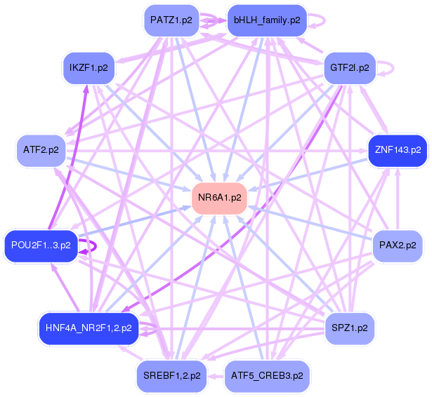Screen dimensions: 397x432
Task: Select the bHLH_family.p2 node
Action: [x=267, y=20]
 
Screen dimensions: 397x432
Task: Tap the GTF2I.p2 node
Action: [x=349, y=68]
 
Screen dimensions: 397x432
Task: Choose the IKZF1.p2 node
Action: [x=88, y=68]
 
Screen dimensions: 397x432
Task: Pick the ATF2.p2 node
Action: [x=41, y=150]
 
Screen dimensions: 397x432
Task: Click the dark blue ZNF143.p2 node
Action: [x=398, y=150]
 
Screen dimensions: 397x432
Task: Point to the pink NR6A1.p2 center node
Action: [x=220, y=198]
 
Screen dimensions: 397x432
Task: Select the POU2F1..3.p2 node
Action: [x=41, y=245]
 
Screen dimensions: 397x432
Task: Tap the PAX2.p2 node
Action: [x=398, y=245]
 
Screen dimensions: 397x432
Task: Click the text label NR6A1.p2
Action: [x=220, y=198]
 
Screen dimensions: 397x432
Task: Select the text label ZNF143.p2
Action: [x=398, y=150]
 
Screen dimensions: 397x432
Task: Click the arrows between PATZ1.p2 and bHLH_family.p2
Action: [x=214, y=21]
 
